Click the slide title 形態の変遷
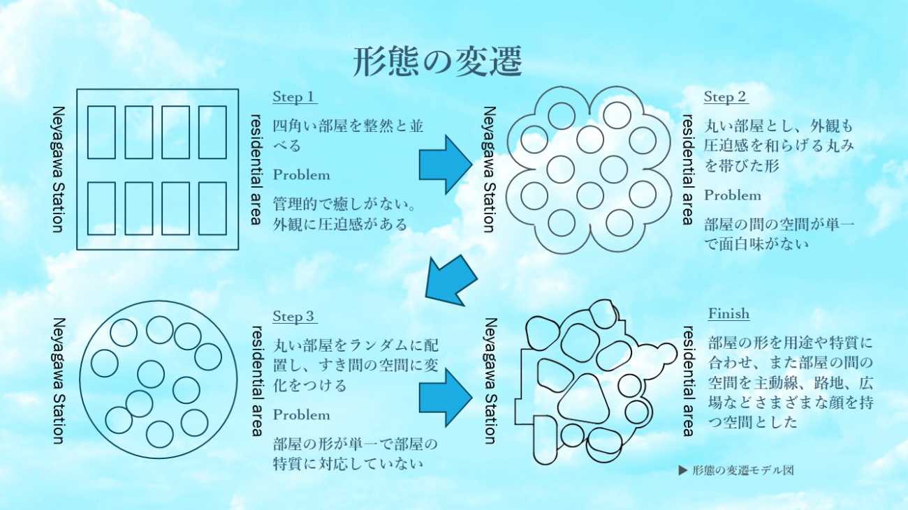438,63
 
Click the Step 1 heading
294,97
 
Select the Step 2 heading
725,97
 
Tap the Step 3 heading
294,316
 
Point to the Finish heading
728,313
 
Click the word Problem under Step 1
301,174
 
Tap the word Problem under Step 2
732,195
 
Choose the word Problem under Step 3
301,415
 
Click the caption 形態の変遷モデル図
736,470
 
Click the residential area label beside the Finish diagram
688,381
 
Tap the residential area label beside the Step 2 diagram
688,170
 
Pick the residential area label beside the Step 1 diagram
256,170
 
